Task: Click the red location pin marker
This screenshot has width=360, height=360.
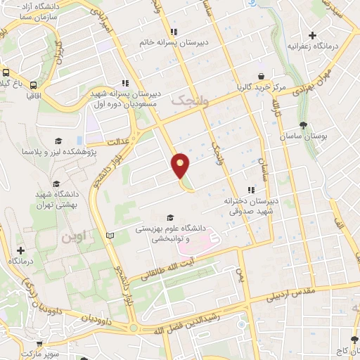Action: (181, 165)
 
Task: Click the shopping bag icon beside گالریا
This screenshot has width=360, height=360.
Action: (261, 77)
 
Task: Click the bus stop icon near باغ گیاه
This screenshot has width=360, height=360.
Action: (5, 72)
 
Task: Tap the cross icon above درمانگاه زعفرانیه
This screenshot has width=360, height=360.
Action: (313, 34)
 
